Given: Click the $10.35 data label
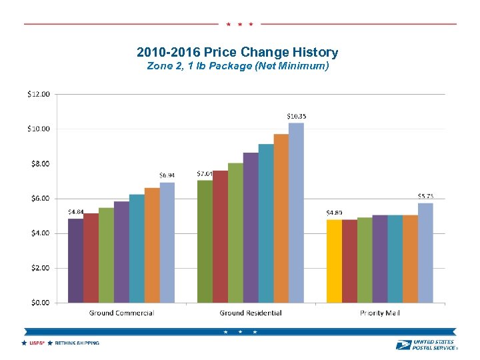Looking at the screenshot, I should [297, 116].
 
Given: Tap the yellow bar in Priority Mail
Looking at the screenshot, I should [333, 261].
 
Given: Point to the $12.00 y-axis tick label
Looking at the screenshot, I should [38, 94].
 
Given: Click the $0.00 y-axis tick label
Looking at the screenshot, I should [38, 302].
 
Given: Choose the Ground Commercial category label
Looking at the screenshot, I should [121, 313].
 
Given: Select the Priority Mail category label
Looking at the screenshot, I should [379, 313].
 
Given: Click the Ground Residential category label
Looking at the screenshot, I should [251, 313].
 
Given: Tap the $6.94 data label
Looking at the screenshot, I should [167, 175].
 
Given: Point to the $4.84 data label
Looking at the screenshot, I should [76, 212].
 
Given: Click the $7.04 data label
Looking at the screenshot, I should [205, 173].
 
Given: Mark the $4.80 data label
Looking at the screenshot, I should [334, 213].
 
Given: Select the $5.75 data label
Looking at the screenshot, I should [425, 196].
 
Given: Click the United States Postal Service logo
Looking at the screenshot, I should [426, 344].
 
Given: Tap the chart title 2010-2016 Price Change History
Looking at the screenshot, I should [237, 52].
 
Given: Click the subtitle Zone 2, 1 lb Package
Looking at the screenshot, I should [237, 66].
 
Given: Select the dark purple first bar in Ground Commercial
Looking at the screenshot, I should [75, 260].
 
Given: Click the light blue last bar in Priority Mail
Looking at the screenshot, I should [425, 253].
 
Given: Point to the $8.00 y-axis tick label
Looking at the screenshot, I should [38, 163].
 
